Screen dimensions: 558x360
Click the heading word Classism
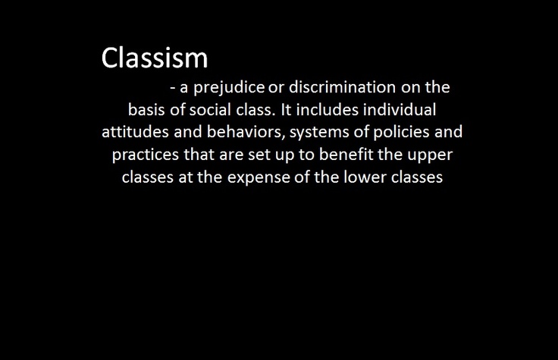(x=155, y=58)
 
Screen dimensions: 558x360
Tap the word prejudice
(x=229, y=88)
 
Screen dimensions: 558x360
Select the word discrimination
(x=342, y=87)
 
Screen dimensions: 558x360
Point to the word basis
(x=146, y=110)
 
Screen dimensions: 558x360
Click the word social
(x=210, y=110)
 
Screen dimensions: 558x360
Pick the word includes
(x=327, y=110)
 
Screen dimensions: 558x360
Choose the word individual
(x=400, y=110)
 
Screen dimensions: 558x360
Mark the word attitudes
(x=135, y=132)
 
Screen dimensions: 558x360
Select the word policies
(x=401, y=133)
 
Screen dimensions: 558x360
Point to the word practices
(x=146, y=155)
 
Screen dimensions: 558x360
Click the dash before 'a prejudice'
(x=173, y=88)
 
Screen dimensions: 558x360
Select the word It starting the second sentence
(x=286, y=110)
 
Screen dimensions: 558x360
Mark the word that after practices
(x=199, y=155)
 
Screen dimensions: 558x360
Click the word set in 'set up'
(x=259, y=155)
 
